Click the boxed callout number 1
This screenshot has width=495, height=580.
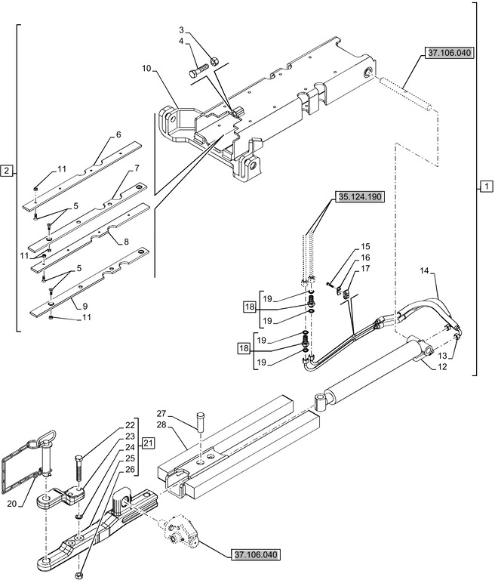[486, 185]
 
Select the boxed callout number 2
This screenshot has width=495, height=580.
[7, 170]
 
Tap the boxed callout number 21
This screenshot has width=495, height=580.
[148, 443]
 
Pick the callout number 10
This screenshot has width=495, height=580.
[146, 69]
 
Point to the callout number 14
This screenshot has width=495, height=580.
[423, 270]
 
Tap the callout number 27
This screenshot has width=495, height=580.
[161, 413]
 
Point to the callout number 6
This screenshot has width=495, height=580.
[118, 134]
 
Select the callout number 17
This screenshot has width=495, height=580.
[365, 269]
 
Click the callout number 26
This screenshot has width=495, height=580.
[130, 469]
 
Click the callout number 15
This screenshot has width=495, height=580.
[365, 246]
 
